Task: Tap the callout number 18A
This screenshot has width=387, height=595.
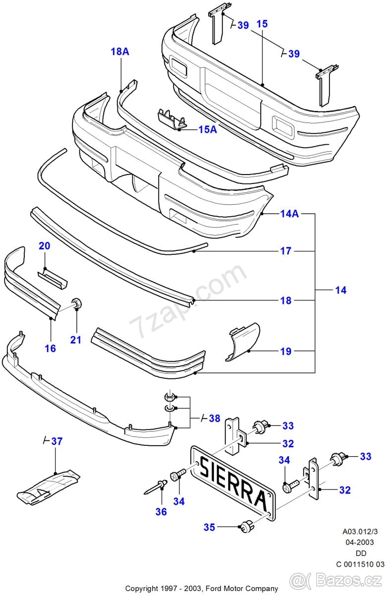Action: [x=120, y=52]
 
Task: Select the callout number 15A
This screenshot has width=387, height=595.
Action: [x=208, y=129]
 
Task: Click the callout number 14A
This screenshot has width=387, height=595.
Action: [x=289, y=214]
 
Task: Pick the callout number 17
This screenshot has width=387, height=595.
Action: [x=285, y=251]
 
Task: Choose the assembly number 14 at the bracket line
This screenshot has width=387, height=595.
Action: [x=340, y=290]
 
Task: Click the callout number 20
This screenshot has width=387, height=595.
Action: [x=45, y=246]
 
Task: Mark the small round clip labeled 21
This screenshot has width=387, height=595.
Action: [x=77, y=303]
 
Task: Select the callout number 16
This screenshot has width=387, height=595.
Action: [x=50, y=349]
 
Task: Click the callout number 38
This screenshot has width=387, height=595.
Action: [x=214, y=418]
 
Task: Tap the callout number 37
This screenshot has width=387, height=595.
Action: [x=57, y=441]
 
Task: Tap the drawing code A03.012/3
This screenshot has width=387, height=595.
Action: [x=359, y=532]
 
